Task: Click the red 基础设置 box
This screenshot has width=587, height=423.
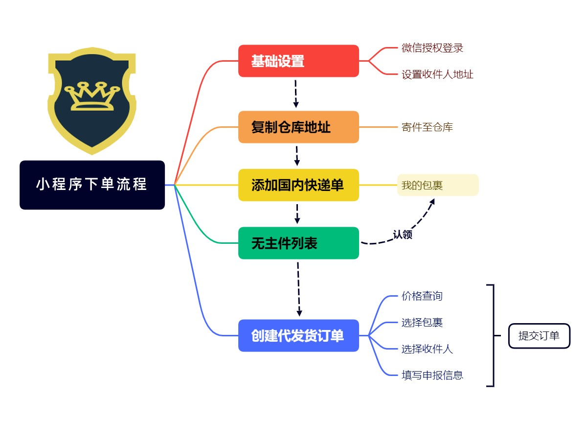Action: [x=298, y=61]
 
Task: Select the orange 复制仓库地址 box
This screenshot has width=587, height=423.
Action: [x=298, y=127]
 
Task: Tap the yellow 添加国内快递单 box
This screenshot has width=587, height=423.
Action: [x=298, y=185]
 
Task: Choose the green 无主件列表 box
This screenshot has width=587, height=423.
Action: [x=298, y=243]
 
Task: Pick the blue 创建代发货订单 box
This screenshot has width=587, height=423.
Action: [x=298, y=336]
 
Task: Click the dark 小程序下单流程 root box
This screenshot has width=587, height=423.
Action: [x=92, y=185]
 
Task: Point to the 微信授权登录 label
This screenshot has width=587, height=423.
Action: [x=432, y=47]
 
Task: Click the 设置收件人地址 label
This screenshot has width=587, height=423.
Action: [x=437, y=74]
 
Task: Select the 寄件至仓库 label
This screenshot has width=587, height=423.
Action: [x=427, y=127]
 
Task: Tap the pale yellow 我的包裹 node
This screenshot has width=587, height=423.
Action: [x=438, y=185]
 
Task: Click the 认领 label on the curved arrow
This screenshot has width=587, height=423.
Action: [x=403, y=234]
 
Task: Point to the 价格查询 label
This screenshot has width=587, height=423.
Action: [x=422, y=296]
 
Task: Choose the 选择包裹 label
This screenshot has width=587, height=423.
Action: [x=422, y=323]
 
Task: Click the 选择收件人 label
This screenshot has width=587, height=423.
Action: [x=427, y=349]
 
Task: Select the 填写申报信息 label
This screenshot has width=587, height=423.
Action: [x=432, y=376]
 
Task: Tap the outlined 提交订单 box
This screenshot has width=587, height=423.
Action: [x=539, y=336]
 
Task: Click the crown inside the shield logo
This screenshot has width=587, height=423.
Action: [x=92, y=96]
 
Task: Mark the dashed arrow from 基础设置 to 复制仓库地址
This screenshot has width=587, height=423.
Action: [x=296, y=94]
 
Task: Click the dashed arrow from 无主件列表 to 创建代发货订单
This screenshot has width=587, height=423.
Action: [x=298, y=289]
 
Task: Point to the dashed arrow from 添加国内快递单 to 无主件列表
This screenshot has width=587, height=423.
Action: [x=297, y=214]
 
